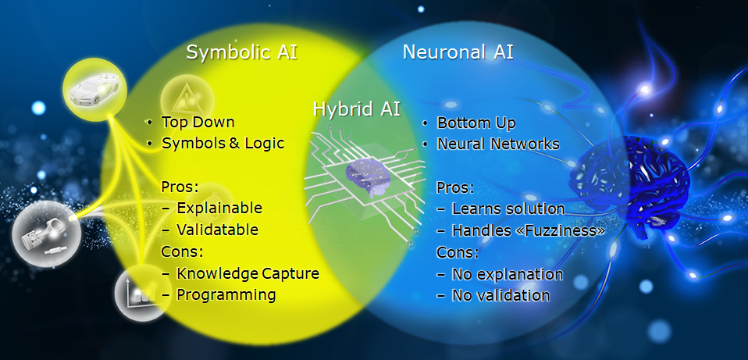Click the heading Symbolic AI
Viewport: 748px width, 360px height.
[x=241, y=52]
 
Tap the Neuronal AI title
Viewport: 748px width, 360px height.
[x=458, y=52]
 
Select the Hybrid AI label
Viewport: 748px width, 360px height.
[x=357, y=109]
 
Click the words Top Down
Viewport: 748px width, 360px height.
[x=198, y=122]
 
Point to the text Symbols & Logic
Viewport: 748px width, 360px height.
[x=223, y=143]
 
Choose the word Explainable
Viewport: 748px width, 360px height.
[x=219, y=209]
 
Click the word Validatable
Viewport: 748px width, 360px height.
[x=218, y=230]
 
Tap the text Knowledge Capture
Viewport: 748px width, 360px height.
[x=248, y=273]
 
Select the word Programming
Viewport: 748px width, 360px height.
[x=226, y=295]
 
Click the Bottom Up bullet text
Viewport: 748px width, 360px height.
[x=476, y=123]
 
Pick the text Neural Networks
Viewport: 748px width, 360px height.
[x=498, y=144]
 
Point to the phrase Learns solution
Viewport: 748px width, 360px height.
[x=508, y=209]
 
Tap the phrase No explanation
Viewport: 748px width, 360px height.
[x=507, y=274]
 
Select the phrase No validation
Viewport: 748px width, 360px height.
[x=500, y=296]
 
